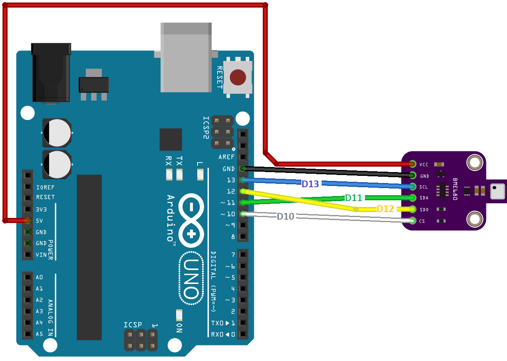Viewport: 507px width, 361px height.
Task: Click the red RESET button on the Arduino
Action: pos(238,77)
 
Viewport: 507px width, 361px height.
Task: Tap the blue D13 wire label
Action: pos(310,184)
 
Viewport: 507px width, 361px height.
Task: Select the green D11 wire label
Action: pos(354,197)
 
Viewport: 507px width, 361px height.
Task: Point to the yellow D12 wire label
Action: pos(385,209)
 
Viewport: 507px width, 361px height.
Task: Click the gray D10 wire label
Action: pos(285,216)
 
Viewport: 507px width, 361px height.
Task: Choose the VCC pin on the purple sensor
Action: pos(412,164)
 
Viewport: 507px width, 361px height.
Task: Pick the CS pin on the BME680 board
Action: pos(412,220)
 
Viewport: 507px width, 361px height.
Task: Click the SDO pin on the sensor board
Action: pos(412,209)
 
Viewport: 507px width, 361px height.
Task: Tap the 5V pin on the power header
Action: pos(27,220)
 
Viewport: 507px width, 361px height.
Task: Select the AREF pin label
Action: pos(226,157)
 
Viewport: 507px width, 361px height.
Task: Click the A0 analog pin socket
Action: pos(27,277)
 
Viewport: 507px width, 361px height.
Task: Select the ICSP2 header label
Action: pos(206,128)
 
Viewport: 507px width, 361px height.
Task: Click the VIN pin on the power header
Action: pos(27,255)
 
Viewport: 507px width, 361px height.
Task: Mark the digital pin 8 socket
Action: pos(243,236)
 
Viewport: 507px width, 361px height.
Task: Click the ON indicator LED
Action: pos(179,315)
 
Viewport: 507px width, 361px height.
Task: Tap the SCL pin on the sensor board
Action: pos(412,186)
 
